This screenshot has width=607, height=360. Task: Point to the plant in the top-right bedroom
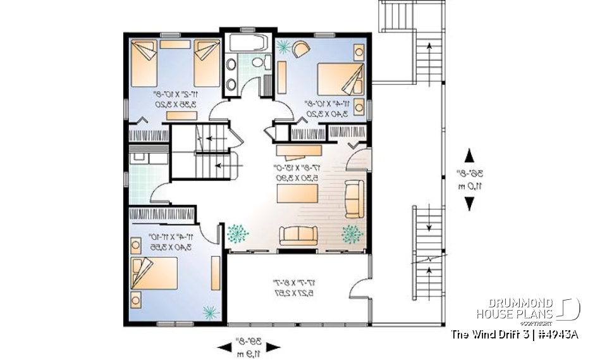(284, 46)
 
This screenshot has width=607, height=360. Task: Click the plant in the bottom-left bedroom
(208, 311)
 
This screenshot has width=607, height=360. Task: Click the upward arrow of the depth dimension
(469, 154)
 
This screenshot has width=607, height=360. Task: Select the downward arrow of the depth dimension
(469, 203)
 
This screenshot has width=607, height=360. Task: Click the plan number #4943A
(557, 334)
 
